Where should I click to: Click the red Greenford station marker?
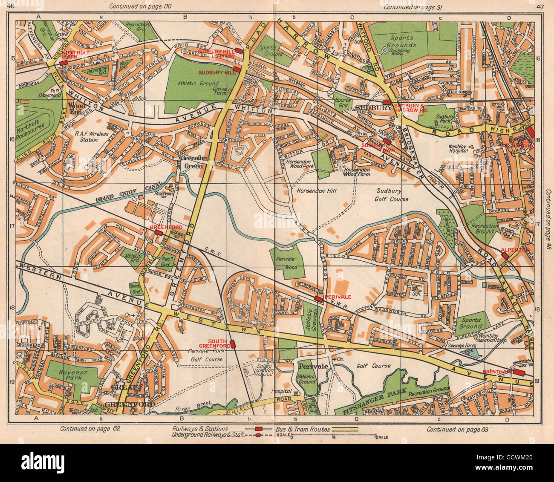159,233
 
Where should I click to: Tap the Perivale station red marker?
318,300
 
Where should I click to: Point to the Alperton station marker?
505,255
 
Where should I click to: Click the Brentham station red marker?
518,372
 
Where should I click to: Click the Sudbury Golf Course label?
392,195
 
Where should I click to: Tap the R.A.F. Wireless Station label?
92,136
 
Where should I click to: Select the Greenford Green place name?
193,162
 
